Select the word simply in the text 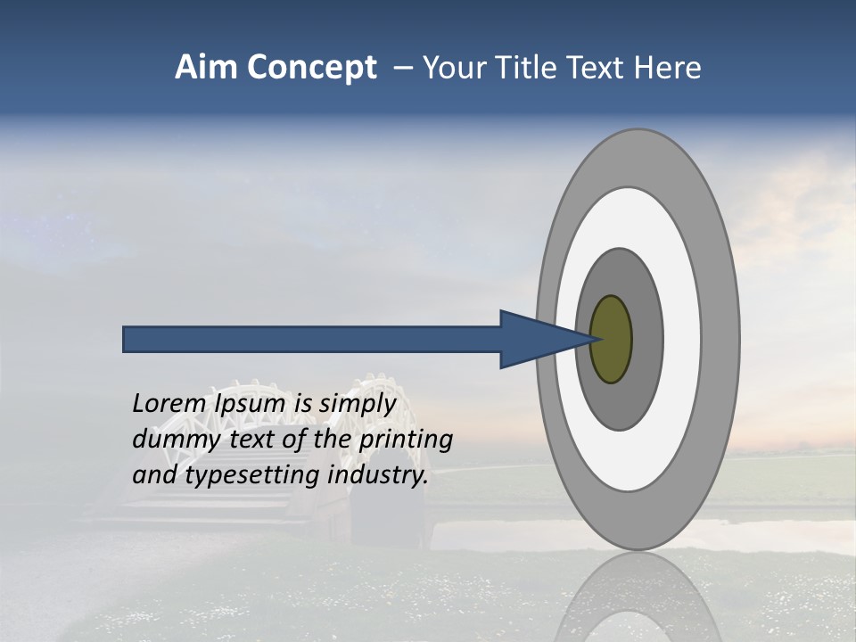358,404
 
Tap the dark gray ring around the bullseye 646,339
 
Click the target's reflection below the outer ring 638,597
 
